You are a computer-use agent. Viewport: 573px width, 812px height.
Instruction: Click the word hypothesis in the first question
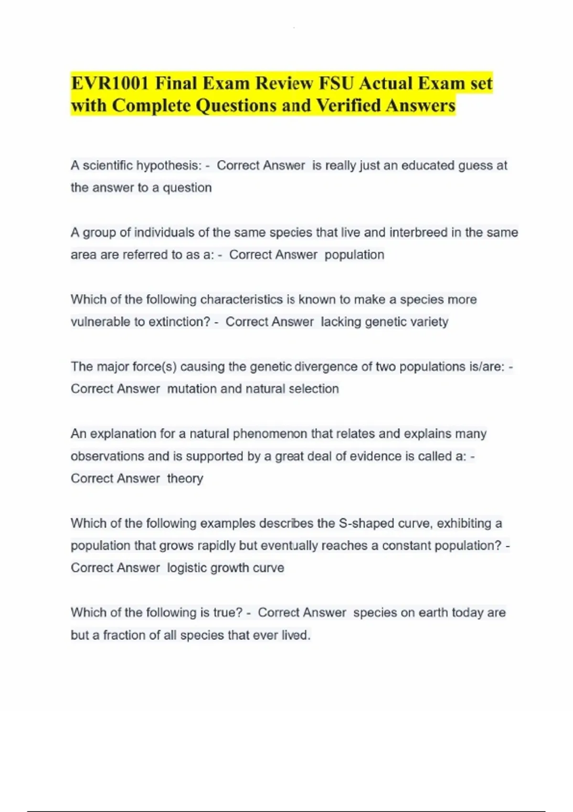(170, 166)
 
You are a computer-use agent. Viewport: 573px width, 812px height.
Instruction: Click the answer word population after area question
(354, 255)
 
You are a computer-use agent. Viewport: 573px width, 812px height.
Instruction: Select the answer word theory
(185, 479)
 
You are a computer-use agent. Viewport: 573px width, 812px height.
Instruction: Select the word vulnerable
(101, 322)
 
